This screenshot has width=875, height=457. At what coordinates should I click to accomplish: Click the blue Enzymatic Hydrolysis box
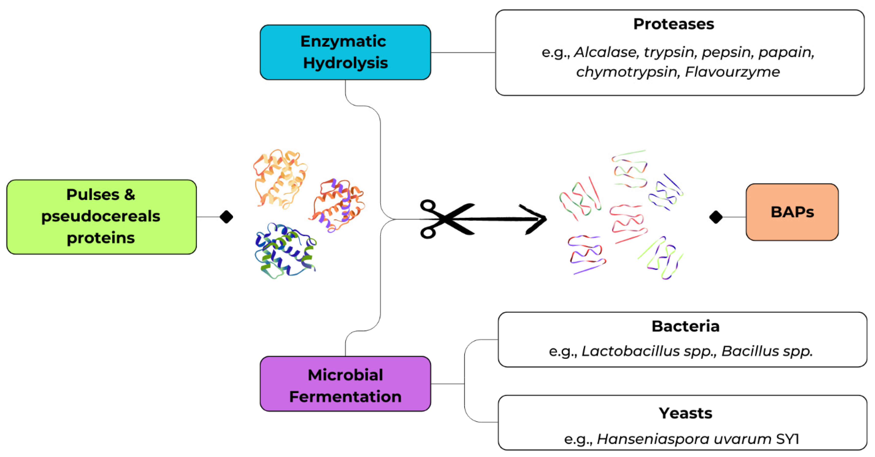[x=345, y=52]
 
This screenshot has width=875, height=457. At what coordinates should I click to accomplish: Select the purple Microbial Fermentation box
[x=345, y=384]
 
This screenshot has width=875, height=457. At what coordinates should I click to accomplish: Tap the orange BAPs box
[x=792, y=212]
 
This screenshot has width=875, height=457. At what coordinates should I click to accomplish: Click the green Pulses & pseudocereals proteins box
[x=101, y=216]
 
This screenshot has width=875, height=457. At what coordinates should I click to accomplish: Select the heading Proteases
[x=674, y=24]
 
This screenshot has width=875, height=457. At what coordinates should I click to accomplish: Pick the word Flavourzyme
[x=732, y=72]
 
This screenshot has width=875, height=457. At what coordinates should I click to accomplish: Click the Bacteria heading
[x=685, y=326]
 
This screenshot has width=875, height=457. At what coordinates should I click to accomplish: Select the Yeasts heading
[x=685, y=413]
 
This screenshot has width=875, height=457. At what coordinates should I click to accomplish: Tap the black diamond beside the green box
[x=226, y=216]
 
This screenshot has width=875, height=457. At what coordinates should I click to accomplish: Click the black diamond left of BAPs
[x=716, y=217]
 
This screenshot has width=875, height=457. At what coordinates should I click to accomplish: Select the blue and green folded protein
[x=285, y=251]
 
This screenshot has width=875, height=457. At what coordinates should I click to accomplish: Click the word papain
[x=785, y=52]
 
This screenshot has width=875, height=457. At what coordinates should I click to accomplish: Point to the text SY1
[x=787, y=439]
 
